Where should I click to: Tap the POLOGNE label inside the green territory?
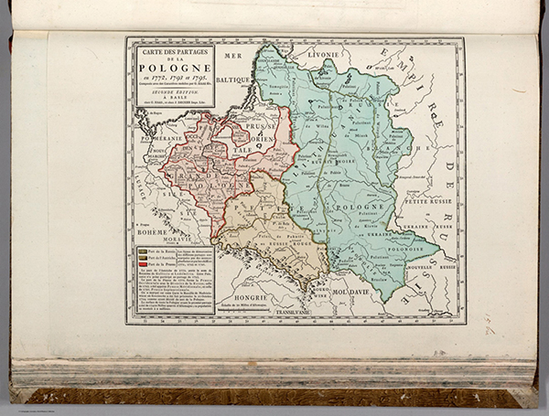pos(341,208)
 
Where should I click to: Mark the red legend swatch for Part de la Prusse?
pos(142,264)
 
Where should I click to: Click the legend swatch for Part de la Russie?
pos(142,250)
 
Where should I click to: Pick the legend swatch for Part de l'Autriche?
pos(142,257)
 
